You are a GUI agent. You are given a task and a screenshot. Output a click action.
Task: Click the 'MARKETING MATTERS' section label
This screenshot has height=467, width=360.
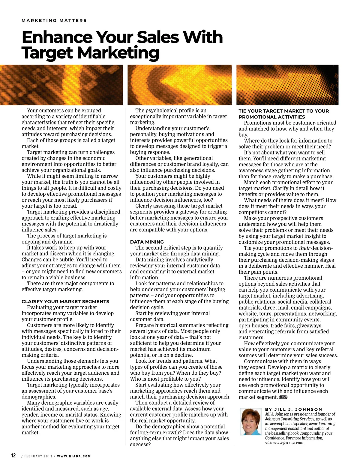[54, 21]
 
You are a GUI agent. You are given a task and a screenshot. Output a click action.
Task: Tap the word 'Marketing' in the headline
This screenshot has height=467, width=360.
[118, 53]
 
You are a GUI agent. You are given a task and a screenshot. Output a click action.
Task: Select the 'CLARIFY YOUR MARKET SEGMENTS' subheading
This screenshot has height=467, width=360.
[65, 302]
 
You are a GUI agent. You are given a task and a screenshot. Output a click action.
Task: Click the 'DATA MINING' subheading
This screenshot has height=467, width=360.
[147, 242]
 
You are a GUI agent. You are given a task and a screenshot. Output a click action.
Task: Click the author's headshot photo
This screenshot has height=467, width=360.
[251, 421]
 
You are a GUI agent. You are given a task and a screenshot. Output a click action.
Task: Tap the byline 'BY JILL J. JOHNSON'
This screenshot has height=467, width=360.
[293, 409]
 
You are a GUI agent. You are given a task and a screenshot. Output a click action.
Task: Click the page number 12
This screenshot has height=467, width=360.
[13, 456]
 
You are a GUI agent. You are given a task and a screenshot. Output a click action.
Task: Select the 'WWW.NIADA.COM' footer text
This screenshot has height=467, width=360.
[74, 456]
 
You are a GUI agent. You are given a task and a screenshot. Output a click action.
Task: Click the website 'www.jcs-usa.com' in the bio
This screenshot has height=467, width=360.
[289, 443]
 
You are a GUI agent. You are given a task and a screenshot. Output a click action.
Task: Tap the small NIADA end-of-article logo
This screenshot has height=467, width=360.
[283, 397]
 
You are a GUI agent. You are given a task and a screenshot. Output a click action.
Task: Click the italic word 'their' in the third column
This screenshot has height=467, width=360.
[304, 248]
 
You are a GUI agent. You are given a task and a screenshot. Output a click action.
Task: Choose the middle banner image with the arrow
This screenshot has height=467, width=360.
[179, 85]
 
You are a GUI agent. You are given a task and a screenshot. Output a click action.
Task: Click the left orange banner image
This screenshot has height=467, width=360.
[61, 85]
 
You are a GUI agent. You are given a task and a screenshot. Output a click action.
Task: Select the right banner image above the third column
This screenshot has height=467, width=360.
[287, 85]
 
